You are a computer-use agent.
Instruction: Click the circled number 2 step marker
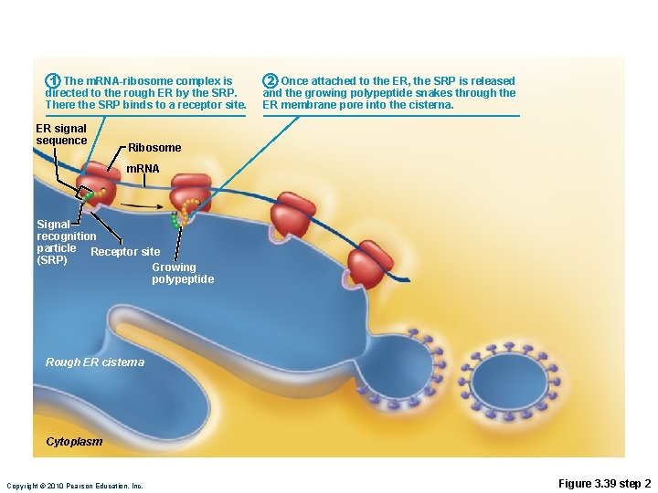tap(271, 81)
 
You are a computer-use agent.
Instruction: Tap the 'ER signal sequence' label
tap(60, 134)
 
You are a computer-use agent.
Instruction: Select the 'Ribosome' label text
tap(154, 148)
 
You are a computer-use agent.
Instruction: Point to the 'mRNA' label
tap(142, 169)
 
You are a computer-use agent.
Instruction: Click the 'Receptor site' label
tap(126, 252)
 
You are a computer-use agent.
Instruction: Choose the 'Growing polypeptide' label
tap(183, 273)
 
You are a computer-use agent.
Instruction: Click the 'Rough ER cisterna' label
tap(95, 362)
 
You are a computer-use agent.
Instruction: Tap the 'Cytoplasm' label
tap(74, 443)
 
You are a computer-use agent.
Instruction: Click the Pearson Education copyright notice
tap(75, 486)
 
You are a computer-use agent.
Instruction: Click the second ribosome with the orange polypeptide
tap(190, 194)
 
